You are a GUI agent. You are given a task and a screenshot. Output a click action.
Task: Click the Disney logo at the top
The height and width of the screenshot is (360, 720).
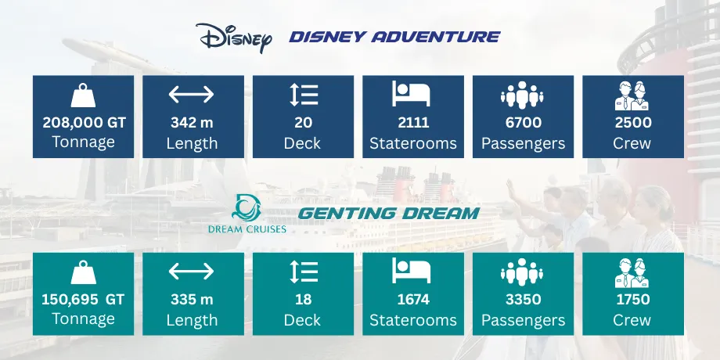(x=233, y=37)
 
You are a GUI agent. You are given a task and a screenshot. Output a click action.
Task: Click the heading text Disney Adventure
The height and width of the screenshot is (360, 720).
(x=394, y=36)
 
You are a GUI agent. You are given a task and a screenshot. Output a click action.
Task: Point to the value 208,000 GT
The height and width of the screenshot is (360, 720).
(x=83, y=123)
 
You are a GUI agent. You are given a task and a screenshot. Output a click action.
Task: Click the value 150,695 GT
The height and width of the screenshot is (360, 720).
(x=83, y=300)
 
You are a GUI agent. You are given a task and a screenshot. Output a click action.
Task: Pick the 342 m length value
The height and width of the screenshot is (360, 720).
(x=192, y=123)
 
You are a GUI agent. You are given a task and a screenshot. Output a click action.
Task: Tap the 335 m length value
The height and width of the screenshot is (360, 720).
(x=192, y=300)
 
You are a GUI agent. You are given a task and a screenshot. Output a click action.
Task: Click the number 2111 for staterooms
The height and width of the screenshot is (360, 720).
(x=412, y=123)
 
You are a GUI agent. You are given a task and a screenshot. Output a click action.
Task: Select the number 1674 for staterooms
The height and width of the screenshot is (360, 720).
(x=412, y=300)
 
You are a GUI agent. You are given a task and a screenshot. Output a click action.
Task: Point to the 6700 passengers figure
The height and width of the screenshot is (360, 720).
(x=523, y=123)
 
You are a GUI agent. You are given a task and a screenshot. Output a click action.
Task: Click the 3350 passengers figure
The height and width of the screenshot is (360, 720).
(x=523, y=300)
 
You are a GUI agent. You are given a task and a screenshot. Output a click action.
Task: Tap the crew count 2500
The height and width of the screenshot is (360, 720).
(x=632, y=123)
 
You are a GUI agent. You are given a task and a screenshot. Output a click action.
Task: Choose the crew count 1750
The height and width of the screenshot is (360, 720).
(x=632, y=300)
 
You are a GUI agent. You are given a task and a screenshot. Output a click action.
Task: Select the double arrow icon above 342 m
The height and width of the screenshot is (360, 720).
(x=192, y=95)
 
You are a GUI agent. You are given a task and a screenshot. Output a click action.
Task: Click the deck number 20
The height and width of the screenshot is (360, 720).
(x=303, y=123)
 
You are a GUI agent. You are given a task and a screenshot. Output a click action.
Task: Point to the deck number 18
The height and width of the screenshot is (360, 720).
(x=303, y=300)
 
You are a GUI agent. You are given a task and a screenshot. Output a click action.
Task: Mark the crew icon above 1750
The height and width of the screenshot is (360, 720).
(x=632, y=271)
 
